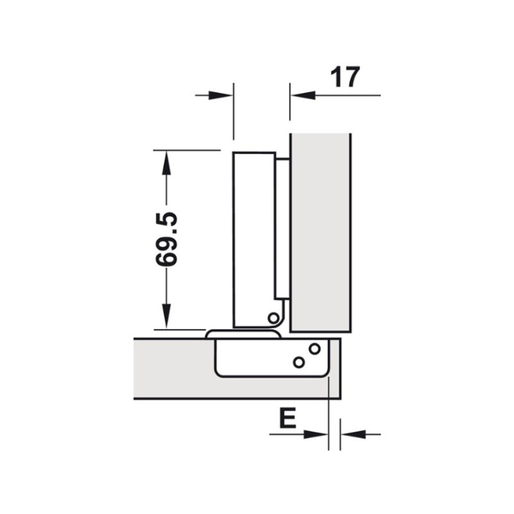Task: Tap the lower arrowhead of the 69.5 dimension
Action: (x=166, y=318)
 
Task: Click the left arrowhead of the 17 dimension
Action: (x=222, y=95)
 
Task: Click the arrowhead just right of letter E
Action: (x=319, y=434)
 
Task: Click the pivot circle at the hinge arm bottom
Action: (x=273, y=317)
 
